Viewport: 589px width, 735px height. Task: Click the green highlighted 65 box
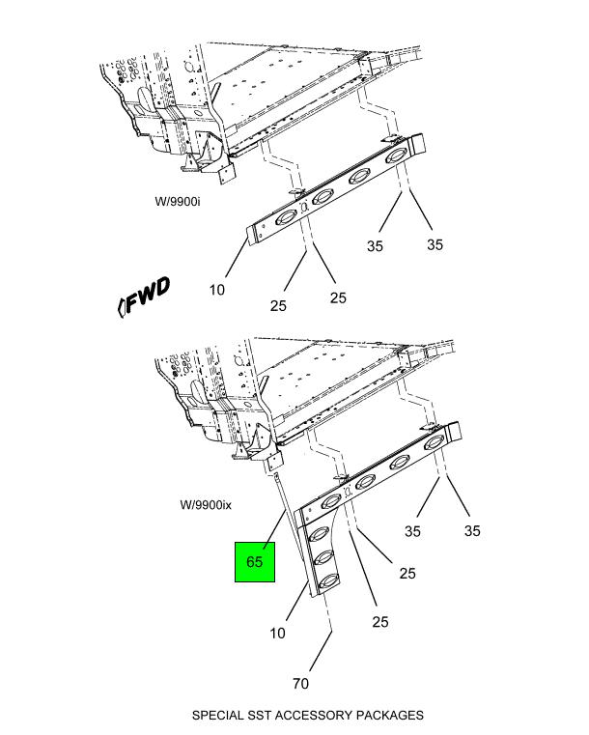[255, 562]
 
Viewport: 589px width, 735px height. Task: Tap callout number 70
[301, 684]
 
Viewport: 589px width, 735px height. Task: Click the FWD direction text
[148, 296]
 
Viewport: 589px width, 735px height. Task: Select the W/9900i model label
[178, 202]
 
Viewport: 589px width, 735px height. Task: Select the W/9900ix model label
[206, 505]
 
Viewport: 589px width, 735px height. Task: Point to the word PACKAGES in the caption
[390, 716]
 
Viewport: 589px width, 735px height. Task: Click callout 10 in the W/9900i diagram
[217, 290]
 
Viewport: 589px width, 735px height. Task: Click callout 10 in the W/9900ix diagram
[277, 634]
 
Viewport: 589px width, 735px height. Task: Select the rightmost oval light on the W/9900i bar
[397, 156]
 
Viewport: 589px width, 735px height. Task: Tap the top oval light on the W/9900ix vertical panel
[320, 534]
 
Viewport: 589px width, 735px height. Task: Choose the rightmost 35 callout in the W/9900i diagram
[435, 244]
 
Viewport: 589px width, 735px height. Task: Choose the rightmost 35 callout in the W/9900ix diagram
[472, 530]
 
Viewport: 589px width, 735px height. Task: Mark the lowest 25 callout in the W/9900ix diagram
[380, 622]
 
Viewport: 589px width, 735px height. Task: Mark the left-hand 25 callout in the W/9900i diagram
[278, 305]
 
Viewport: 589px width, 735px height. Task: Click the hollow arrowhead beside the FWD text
[121, 307]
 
